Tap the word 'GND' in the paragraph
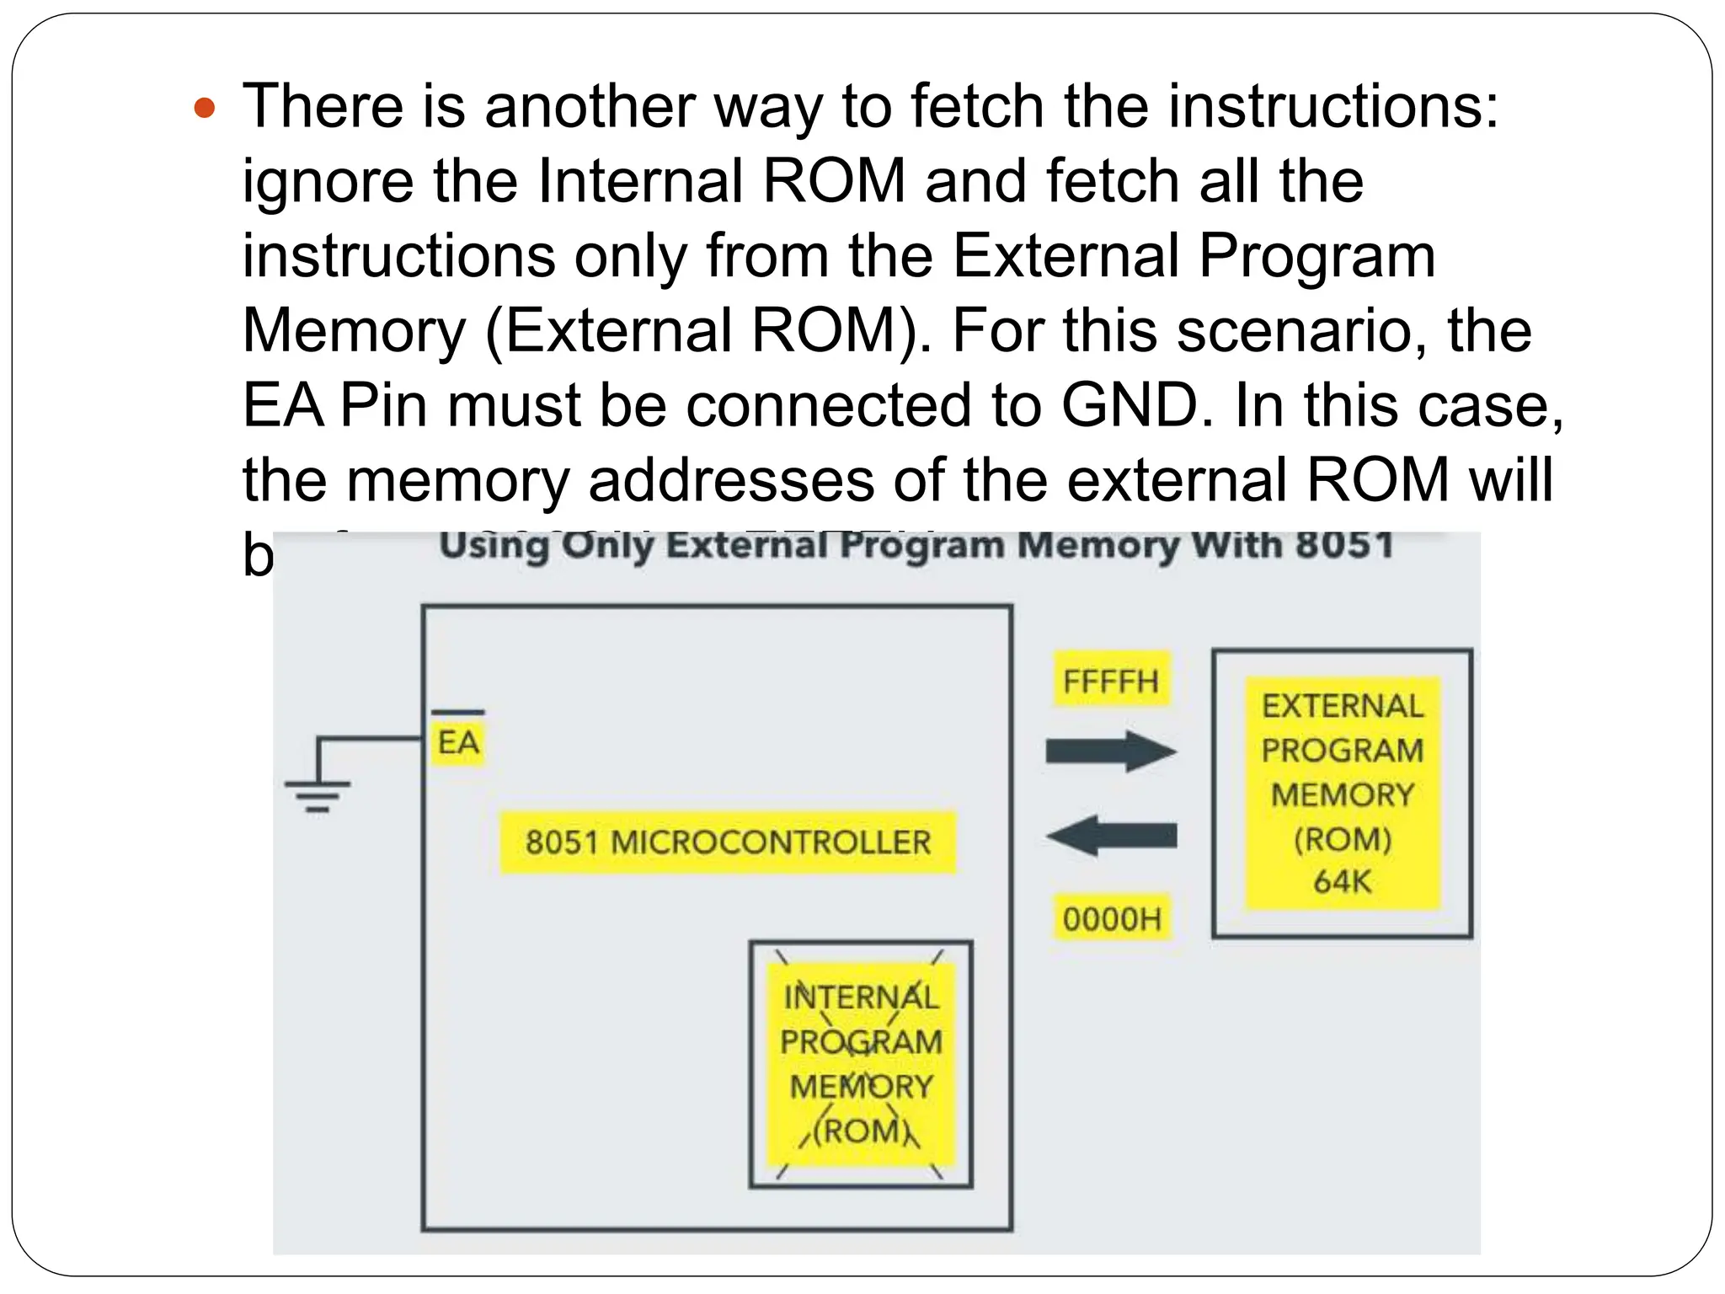pyautogui.click(x=1130, y=406)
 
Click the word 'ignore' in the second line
pyautogui.click(x=328, y=181)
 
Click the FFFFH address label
pyautogui.click(x=1110, y=681)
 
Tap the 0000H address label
pyautogui.click(x=1111, y=919)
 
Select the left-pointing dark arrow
pyautogui.click(x=1110, y=836)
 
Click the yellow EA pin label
pyautogui.click(x=457, y=743)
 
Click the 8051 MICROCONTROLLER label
pyautogui.click(x=728, y=842)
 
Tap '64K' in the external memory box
pyautogui.click(x=1342, y=882)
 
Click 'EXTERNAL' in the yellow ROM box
pyautogui.click(x=1342, y=706)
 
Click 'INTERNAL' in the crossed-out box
pyautogui.click(x=860, y=997)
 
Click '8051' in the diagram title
pyautogui.click(x=1344, y=545)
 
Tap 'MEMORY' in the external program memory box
pyautogui.click(x=1342, y=794)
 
